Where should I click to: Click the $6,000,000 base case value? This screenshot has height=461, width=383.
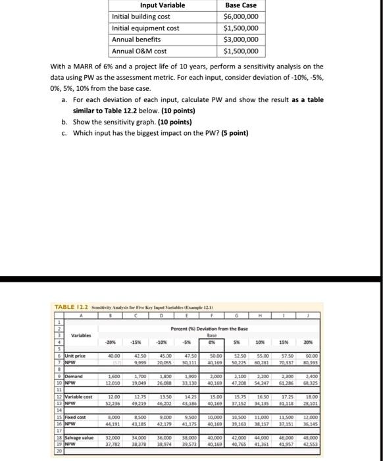(241, 16)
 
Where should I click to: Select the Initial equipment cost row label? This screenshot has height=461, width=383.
(145, 28)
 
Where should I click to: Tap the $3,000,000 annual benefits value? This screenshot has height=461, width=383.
(241, 40)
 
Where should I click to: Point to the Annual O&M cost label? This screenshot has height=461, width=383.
(139, 51)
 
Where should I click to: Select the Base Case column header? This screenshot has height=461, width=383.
(240, 5)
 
